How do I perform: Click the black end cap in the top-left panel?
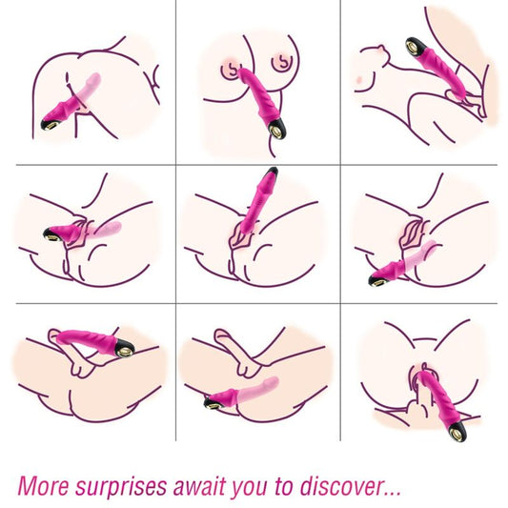pyautogui.click(x=49, y=123)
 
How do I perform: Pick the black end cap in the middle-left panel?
pyautogui.click(x=49, y=233)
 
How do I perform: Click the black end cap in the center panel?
pyautogui.click(x=273, y=173)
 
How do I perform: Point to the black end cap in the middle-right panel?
pyautogui.click(x=376, y=279)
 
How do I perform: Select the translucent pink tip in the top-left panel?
pyautogui.click(x=91, y=84)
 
